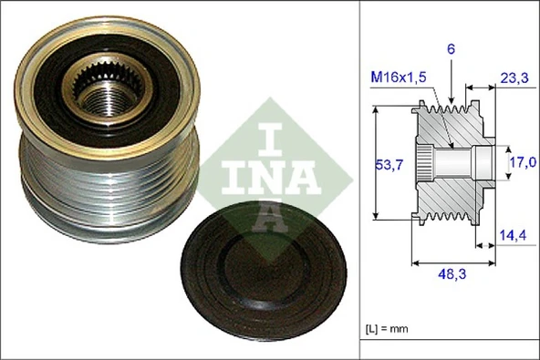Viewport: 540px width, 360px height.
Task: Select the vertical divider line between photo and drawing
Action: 360,182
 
